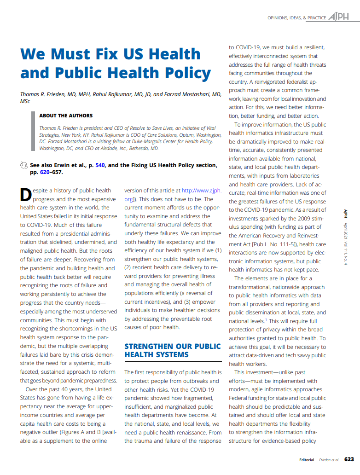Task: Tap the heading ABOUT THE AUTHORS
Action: point(66,116)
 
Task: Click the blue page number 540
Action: point(100,165)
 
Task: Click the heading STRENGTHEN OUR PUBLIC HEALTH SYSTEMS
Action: point(173,350)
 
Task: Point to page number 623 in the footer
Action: point(349,459)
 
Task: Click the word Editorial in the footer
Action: point(307,460)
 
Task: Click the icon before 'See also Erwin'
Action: point(24,165)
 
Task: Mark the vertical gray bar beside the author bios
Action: point(33,131)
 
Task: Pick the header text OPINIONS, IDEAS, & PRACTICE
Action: point(297,17)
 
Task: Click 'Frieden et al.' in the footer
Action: point(329,460)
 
